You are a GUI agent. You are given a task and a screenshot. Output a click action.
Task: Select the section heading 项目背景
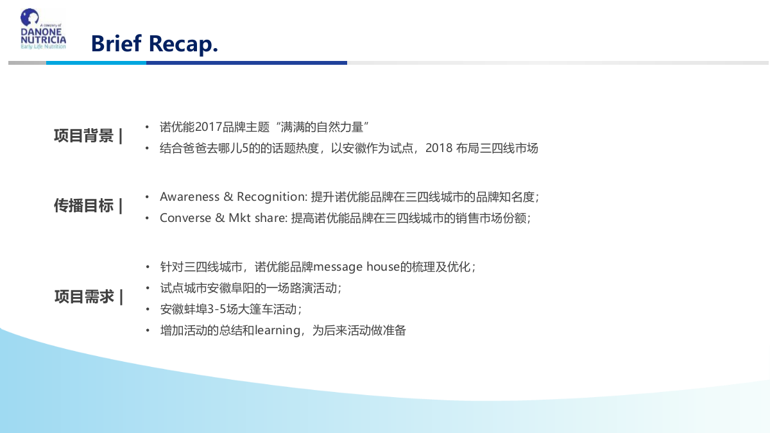pyautogui.click(x=84, y=136)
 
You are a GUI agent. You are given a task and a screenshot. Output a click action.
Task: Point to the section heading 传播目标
pyautogui.click(x=84, y=206)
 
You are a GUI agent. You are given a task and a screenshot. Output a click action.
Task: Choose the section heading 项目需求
pyautogui.click(x=84, y=297)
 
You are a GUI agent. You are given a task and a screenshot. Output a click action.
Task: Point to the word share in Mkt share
pyautogui.click(x=270, y=218)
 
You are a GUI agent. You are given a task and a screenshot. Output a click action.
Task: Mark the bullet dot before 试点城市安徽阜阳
pyautogui.click(x=147, y=287)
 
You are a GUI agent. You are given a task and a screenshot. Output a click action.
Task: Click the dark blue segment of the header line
pyautogui.click(x=246, y=63)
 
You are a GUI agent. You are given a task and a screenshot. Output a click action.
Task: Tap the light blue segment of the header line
pyautogui.click(x=96, y=63)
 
